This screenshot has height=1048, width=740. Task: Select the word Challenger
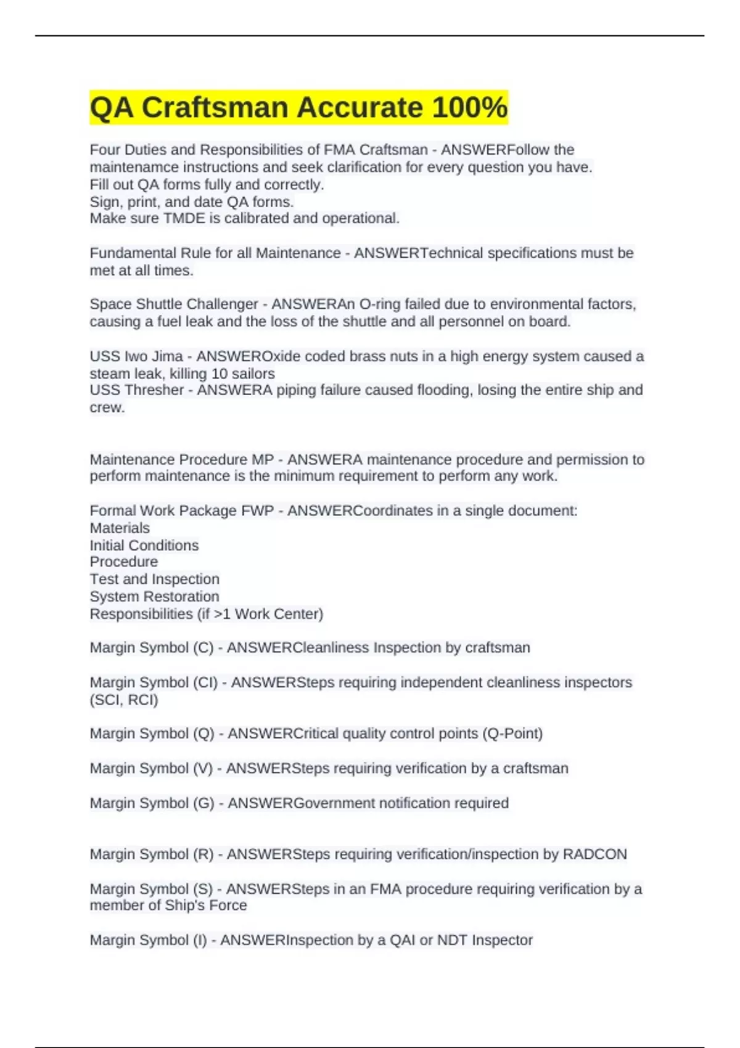222,304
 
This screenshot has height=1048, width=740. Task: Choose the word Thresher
154,390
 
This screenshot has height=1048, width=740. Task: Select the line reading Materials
120,528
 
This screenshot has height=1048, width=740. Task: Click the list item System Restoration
154,597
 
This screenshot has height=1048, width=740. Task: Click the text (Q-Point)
512,734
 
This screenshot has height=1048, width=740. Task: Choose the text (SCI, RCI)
124,700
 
